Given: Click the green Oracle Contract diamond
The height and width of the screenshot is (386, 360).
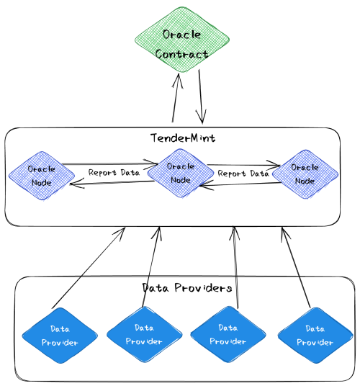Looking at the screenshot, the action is click(x=182, y=40).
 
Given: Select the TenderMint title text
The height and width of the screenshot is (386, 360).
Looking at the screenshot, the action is click(x=183, y=138).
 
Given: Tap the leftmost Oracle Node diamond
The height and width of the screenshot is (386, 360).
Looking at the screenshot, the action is click(x=42, y=176).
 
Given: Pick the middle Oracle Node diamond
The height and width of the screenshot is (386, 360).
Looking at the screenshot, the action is click(x=181, y=173).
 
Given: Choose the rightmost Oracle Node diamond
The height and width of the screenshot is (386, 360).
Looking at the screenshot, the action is click(x=305, y=174).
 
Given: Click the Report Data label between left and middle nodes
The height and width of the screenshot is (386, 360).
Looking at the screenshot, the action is click(x=114, y=172).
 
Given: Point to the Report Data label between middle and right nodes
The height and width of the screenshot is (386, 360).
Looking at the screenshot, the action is click(x=243, y=174).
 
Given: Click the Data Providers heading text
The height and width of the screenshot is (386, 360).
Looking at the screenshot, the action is click(x=187, y=288).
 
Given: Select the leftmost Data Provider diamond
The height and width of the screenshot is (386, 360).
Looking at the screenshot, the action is click(x=60, y=336).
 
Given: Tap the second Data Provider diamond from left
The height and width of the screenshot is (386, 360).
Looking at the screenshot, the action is click(x=145, y=334).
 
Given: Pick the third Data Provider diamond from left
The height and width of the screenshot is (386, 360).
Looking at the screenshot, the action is click(x=228, y=334).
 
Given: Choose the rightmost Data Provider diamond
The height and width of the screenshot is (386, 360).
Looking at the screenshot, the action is click(x=315, y=336).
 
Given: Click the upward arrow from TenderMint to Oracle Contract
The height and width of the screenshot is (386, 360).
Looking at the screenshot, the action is click(x=175, y=98).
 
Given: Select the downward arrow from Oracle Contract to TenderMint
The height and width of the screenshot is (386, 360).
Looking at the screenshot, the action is click(x=201, y=96).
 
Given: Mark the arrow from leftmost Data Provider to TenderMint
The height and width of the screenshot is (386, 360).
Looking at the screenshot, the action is click(x=89, y=268).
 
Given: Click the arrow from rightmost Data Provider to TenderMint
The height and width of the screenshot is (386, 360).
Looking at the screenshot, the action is click(x=296, y=268).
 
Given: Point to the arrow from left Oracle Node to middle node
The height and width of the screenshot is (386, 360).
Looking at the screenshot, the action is click(x=109, y=163).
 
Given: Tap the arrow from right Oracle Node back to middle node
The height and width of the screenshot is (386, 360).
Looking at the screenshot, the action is click(x=240, y=184).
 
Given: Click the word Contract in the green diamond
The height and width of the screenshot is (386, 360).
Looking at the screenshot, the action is click(x=181, y=54).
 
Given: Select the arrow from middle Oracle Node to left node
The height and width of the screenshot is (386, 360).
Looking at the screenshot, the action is click(x=112, y=183).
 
